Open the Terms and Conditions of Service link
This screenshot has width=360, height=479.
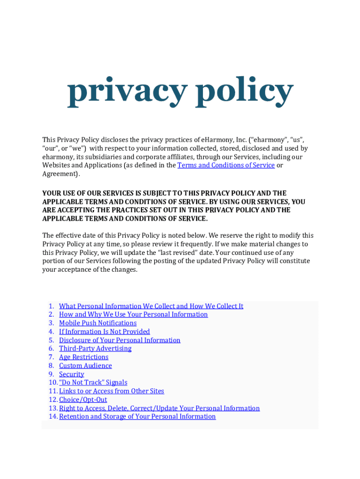[x=226, y=165]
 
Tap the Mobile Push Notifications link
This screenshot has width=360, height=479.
[x=98, y=323]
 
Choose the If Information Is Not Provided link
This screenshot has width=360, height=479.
[x=104, y=332]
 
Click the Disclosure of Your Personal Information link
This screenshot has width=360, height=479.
[x=119, y=340]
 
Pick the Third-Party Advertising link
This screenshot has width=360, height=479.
[x=95, y=348]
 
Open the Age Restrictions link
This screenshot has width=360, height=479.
[x=84, y=357]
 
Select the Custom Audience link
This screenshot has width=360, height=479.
[x=85, y=365]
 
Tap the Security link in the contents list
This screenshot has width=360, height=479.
[x=72, y=374]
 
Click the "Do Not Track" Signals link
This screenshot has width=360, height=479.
[x=93, y=383]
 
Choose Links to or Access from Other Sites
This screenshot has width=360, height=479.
[x=111, y=391]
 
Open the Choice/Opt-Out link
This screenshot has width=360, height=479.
[x=83, y=399]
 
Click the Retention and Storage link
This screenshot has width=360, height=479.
[x=137, y=416]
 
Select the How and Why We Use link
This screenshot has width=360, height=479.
[x=133, y=314]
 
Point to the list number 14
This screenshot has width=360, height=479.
[x=52, y=416]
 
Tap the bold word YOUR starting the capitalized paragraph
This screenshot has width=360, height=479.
[x=51, y=193]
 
